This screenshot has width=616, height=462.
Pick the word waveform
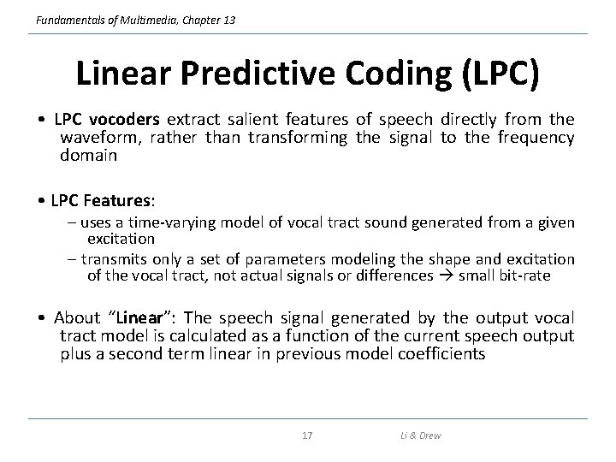coord(97,138)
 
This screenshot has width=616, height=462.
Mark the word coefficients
coord(437,354)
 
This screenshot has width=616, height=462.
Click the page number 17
coord(308,436)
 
